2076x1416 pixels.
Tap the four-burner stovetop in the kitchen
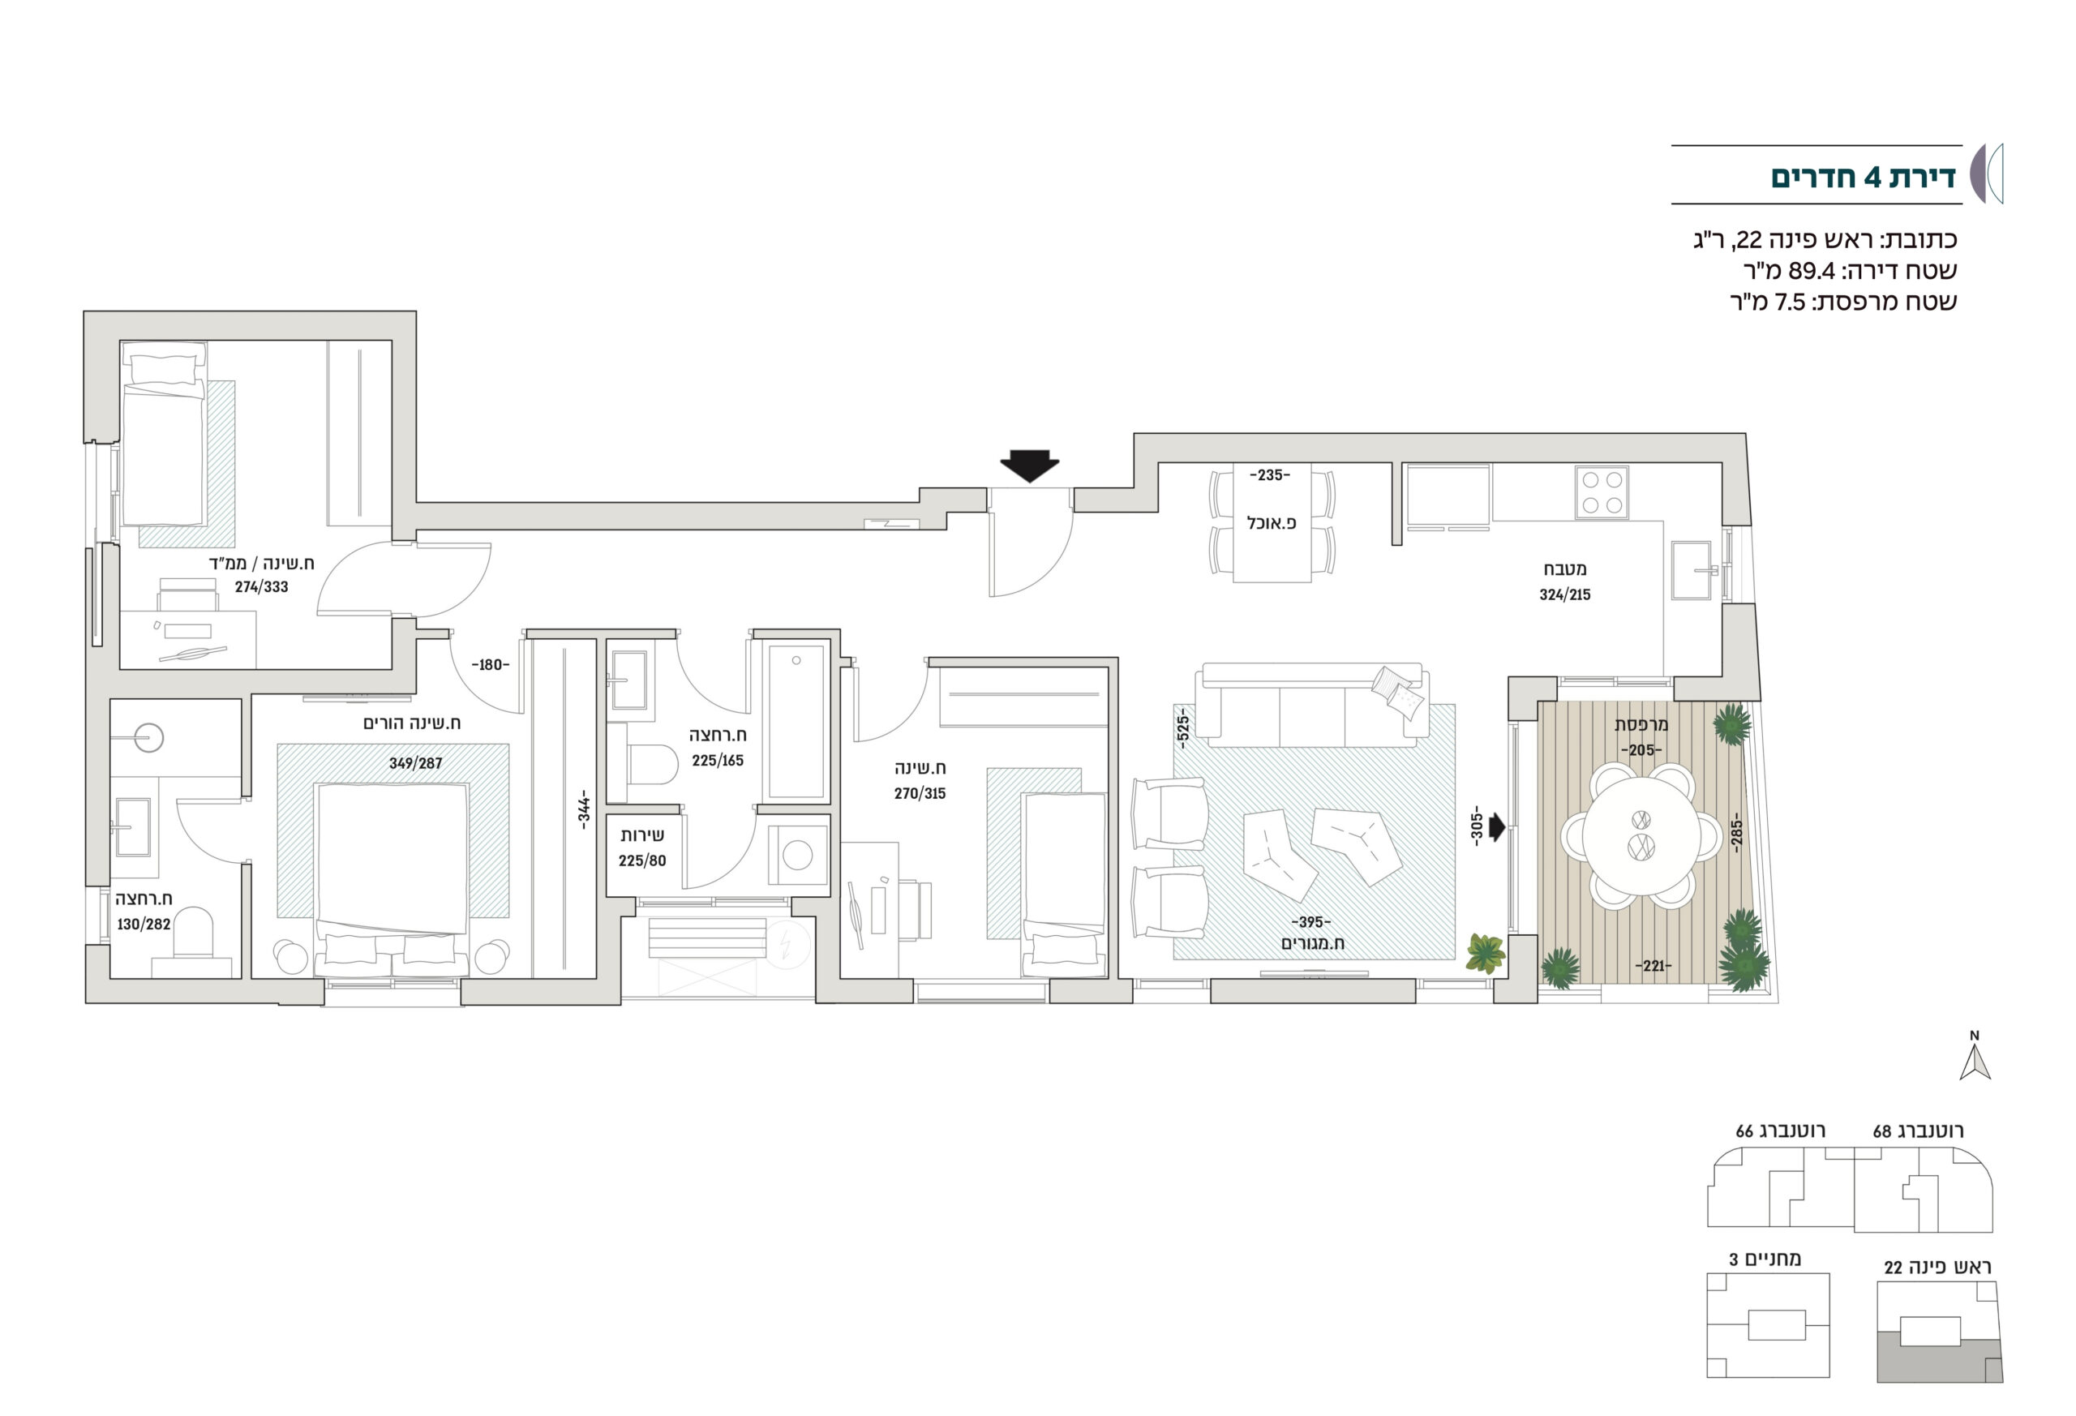(1602, 492)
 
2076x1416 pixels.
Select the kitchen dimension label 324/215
(1565, 594)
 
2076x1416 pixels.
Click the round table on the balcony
(1642, 835)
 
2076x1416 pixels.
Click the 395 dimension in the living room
(1311, 921)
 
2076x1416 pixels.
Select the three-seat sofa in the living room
(1311, 704)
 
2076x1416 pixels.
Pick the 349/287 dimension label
(415, 763)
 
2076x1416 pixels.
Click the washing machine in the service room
(798, 855)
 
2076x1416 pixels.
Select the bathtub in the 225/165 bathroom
(796, 722)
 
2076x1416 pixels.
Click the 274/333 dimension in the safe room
(262, 587)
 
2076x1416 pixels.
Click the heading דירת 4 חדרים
(1863, 177)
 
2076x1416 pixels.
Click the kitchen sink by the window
(1691, 569)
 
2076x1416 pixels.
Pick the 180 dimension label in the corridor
(491, 665)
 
